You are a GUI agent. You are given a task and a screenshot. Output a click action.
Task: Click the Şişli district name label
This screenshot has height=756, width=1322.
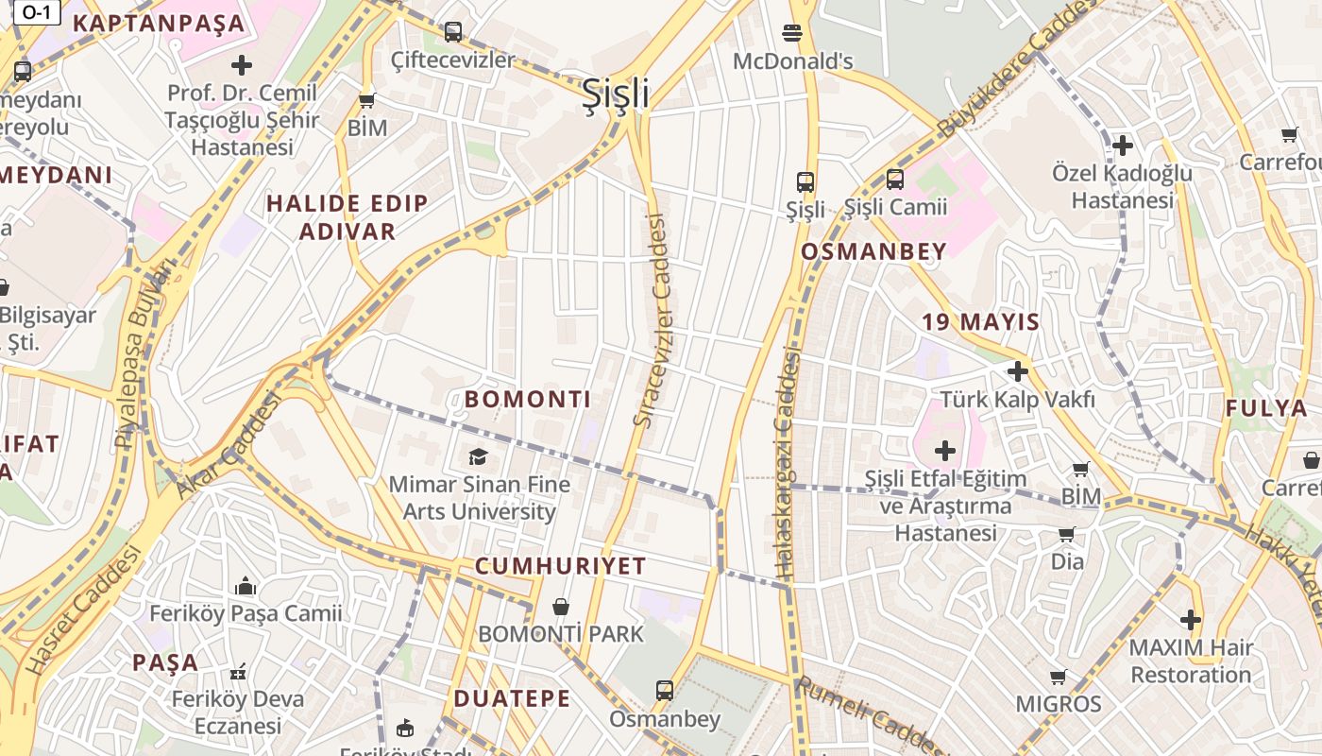615,94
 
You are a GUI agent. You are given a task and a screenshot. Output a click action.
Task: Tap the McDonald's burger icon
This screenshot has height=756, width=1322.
792,33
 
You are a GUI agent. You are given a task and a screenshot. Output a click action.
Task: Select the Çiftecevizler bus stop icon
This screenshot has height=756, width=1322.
453,31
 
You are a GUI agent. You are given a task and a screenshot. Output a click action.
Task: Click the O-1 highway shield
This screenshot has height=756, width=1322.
37,12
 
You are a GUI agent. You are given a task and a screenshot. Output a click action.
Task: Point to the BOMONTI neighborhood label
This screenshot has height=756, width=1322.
528,399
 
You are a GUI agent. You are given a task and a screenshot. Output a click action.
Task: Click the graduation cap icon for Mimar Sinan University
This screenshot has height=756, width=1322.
479,456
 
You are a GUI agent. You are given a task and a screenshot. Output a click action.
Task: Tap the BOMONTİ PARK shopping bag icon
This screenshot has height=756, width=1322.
561,606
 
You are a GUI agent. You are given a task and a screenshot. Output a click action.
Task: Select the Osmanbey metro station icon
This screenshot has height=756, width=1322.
665,690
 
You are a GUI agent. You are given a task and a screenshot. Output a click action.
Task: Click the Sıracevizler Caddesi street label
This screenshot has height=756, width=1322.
651,321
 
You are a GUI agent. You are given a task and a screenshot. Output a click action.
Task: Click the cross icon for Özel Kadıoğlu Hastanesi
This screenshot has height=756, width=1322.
1123,146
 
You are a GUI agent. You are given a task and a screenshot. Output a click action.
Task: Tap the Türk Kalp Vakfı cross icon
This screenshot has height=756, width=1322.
1017,371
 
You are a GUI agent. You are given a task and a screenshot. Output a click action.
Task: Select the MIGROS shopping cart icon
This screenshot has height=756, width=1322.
1059,677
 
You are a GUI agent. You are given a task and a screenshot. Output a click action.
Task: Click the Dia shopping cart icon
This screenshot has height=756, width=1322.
1067,534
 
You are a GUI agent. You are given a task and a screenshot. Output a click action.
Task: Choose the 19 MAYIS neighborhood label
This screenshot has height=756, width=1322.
980,322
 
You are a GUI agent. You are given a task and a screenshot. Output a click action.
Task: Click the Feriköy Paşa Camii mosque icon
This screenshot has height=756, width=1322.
246,586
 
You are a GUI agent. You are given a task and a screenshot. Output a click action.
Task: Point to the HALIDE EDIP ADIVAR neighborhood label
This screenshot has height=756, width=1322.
347,217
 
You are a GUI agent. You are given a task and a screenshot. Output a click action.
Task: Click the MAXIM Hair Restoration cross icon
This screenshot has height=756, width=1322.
1191,620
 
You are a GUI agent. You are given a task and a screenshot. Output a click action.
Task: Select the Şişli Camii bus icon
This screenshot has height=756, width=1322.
894,179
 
